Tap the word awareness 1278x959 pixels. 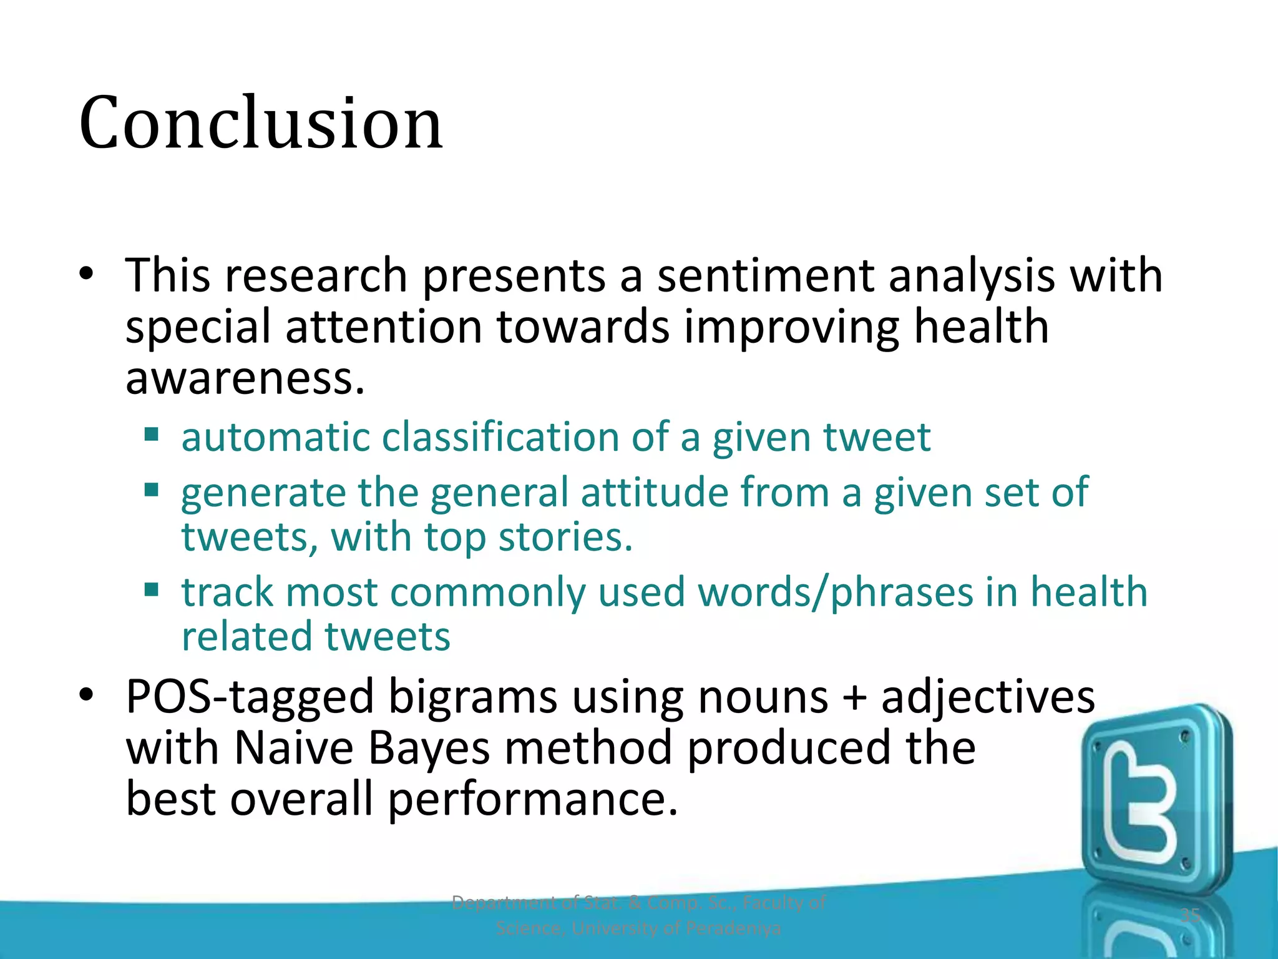click(x=245, y=378)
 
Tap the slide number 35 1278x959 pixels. click(x=1191, y=916)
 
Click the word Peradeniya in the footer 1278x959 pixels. click(x=733, y=928)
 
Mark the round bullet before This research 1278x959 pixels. click(x=87, y=274)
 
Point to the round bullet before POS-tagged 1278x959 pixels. click(x=87, y=695)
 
